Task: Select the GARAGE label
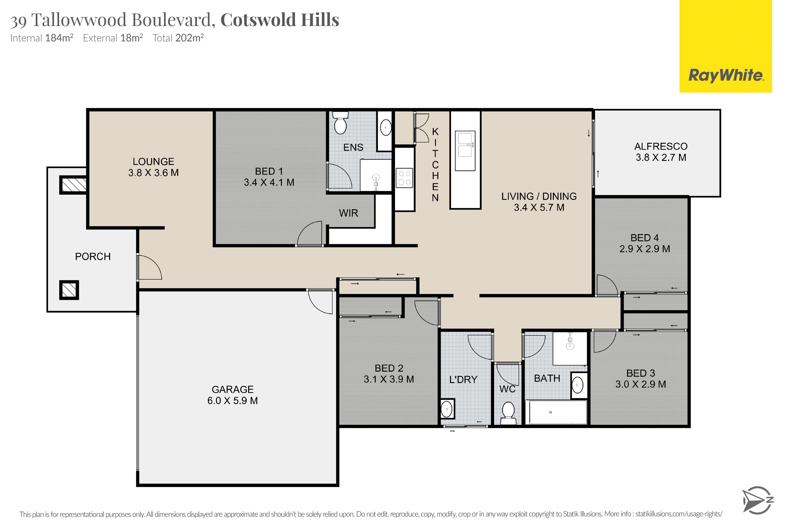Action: (x=232, y=389)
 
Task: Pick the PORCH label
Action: (x=93, y=257)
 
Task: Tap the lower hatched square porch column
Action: (x=69, y=290)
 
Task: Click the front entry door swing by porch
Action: (x=149, y=267)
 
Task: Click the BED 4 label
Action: (x=644, y=238)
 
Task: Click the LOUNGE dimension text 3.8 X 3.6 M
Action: (x=153, y=173)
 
